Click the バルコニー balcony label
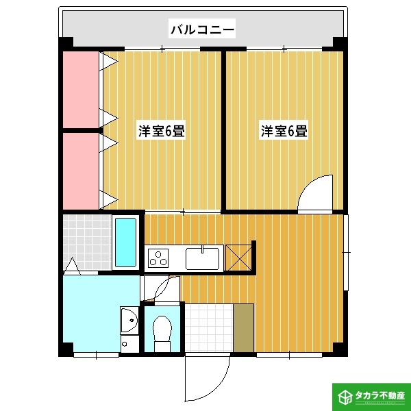[x=202, y=29]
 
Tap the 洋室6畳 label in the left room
[x=162, y=131]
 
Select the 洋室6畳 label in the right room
[x=283, y=131]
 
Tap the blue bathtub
[x=125, y=242]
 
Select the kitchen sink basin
[x=202, y=259]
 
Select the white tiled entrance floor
[x=208, y=327]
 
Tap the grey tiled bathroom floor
[x=86, y=241]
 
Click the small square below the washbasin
[x=125, y=343]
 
